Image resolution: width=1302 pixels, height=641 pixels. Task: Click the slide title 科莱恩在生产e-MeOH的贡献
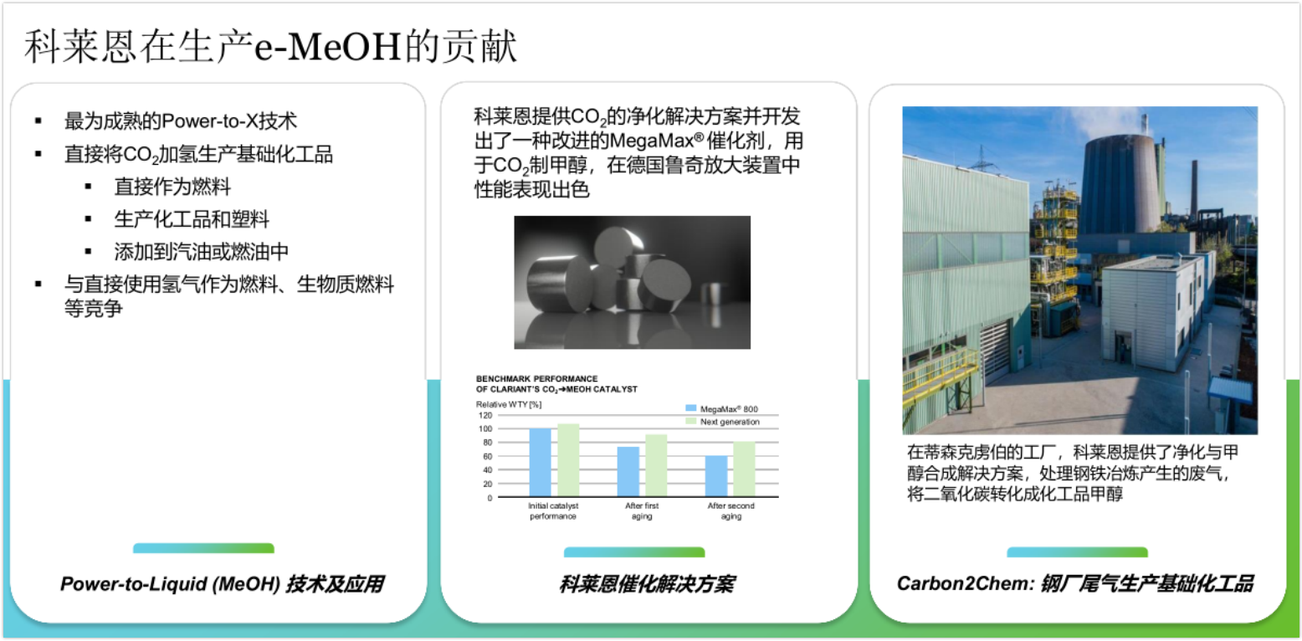[x=270, y=47]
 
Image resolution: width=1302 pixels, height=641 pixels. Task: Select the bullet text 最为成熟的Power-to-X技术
[x=181, y=121]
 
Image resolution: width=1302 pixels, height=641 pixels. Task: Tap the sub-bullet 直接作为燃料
[x=172, y=187]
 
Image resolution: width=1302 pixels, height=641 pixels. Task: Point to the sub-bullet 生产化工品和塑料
[x=192, y=219]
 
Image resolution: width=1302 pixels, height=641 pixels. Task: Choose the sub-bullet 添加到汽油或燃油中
[x=201, y=252]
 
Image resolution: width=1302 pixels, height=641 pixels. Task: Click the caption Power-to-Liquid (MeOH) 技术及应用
[x=222, y=584]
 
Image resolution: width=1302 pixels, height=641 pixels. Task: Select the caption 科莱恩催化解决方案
[x=647, y=584]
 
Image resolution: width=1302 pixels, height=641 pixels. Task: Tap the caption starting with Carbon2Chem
[x=1075, y=583]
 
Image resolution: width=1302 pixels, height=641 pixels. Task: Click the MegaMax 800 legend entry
[x=721, y=409]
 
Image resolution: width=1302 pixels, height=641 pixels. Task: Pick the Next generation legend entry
[x=722, y=422]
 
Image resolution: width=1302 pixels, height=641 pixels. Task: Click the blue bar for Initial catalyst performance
[x=540, y=463]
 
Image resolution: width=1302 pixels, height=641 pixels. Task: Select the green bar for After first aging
[x=656, y=465]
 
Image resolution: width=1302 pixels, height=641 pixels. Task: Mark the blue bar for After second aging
[x=716, y=476]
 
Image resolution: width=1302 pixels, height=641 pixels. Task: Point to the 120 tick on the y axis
[x=485, y=416]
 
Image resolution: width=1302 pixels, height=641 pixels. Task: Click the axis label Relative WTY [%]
[x=509, y=404]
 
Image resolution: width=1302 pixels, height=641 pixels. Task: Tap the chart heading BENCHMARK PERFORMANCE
[x=536, y=379]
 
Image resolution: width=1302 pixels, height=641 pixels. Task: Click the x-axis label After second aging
[x=730, y=510]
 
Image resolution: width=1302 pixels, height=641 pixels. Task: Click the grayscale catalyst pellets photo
[x=633, y=283]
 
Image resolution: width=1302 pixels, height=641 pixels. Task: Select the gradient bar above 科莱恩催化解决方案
[x=634, y=552]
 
